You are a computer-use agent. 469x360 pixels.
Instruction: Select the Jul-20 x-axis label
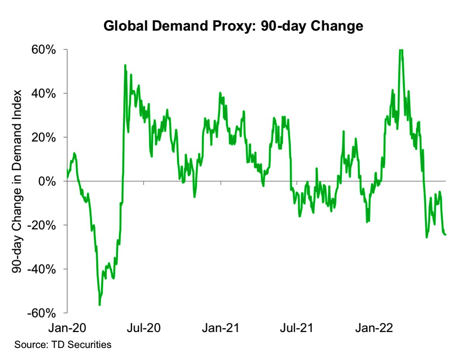pos(143,328)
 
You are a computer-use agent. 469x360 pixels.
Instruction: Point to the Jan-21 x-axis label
pos(221,328)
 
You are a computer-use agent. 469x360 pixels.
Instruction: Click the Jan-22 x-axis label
pos(373,328)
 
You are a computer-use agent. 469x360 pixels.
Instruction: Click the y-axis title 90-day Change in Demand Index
pos(17,182)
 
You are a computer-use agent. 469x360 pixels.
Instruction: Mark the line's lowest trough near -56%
pos(100,305)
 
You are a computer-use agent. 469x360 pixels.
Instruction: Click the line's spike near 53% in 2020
pos(125,65)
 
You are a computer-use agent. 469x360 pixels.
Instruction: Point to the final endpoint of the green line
pos(445,234)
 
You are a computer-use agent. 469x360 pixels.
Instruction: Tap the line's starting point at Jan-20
pos(67,177)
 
